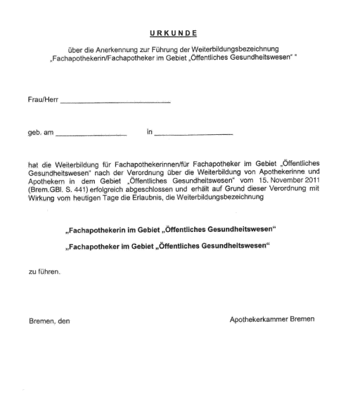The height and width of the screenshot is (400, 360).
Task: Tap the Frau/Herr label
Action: point(43,100)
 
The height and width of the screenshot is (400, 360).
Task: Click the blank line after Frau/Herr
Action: point(115,103)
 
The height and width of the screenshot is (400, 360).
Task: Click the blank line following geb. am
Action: point(91,136)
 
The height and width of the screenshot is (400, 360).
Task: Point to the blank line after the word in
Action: point(194,136)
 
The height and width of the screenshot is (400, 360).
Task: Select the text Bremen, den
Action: point(49,321)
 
